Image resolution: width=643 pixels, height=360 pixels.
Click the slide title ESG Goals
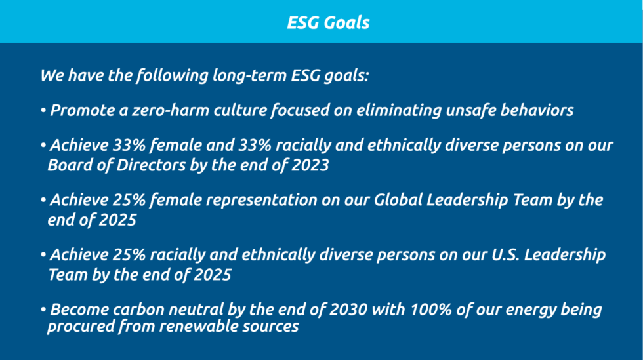pyautogui.click(x=328, y=22)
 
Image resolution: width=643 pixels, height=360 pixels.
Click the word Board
pyautogui.click(x=70, y=165)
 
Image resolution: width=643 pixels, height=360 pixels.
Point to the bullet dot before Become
pyautogui.click(x=43, y=309)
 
